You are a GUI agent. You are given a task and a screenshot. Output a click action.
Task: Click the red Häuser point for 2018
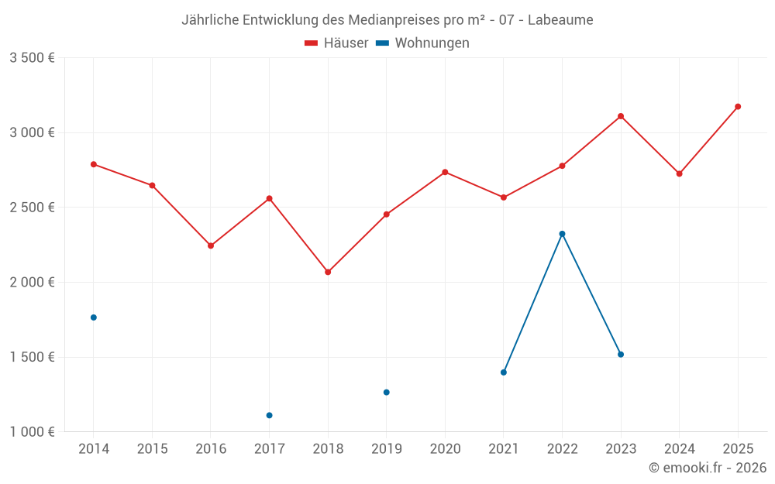pyautogui.click(x=328, y=272)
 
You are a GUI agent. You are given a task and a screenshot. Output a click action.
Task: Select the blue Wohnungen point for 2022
pyautogui.click(x=562, y=234)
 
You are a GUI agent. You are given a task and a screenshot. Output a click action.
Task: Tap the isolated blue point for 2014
pyautogui.click(x=94, y=318)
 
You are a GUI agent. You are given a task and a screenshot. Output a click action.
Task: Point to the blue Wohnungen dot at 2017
pyautogui.click(x=269, y=415)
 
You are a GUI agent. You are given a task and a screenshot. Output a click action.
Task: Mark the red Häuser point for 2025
pyautogui.click(x=738, y=107)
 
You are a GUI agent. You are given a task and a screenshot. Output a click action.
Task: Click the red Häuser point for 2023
pyautogui.click(x=621, y=116)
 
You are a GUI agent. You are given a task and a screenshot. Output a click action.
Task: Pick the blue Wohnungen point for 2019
pyautogui.click(x=386, y=392)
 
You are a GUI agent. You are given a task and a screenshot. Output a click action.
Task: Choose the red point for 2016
pyautogui.click(x=211, y=245)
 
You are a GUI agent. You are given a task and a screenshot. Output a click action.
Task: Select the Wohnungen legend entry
pyautogui.click(x=423, y=43)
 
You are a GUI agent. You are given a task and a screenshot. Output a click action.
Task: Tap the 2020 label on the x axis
pyautogui.click(x=445, y=449)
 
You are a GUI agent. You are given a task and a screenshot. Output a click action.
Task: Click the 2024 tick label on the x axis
pyautogui.click(x=679, y=449)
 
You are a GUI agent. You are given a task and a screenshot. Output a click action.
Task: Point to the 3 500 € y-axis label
pyautogui.click(x=32, y=58)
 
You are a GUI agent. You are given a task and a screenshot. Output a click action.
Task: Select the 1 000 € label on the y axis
pyautogui.click(x=32, y=432)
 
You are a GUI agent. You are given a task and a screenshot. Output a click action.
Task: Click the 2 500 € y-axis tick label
pyautogui.click(x=32, y=208)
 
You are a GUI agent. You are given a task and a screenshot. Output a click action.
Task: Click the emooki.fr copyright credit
pyautogui.click(x=707, y=468)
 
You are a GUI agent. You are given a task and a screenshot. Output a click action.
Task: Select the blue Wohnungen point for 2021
pyautogui.click(x=504, y=372)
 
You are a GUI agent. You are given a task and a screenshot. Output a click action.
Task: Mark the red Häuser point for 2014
pyautogui.click(x=94, y=164)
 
